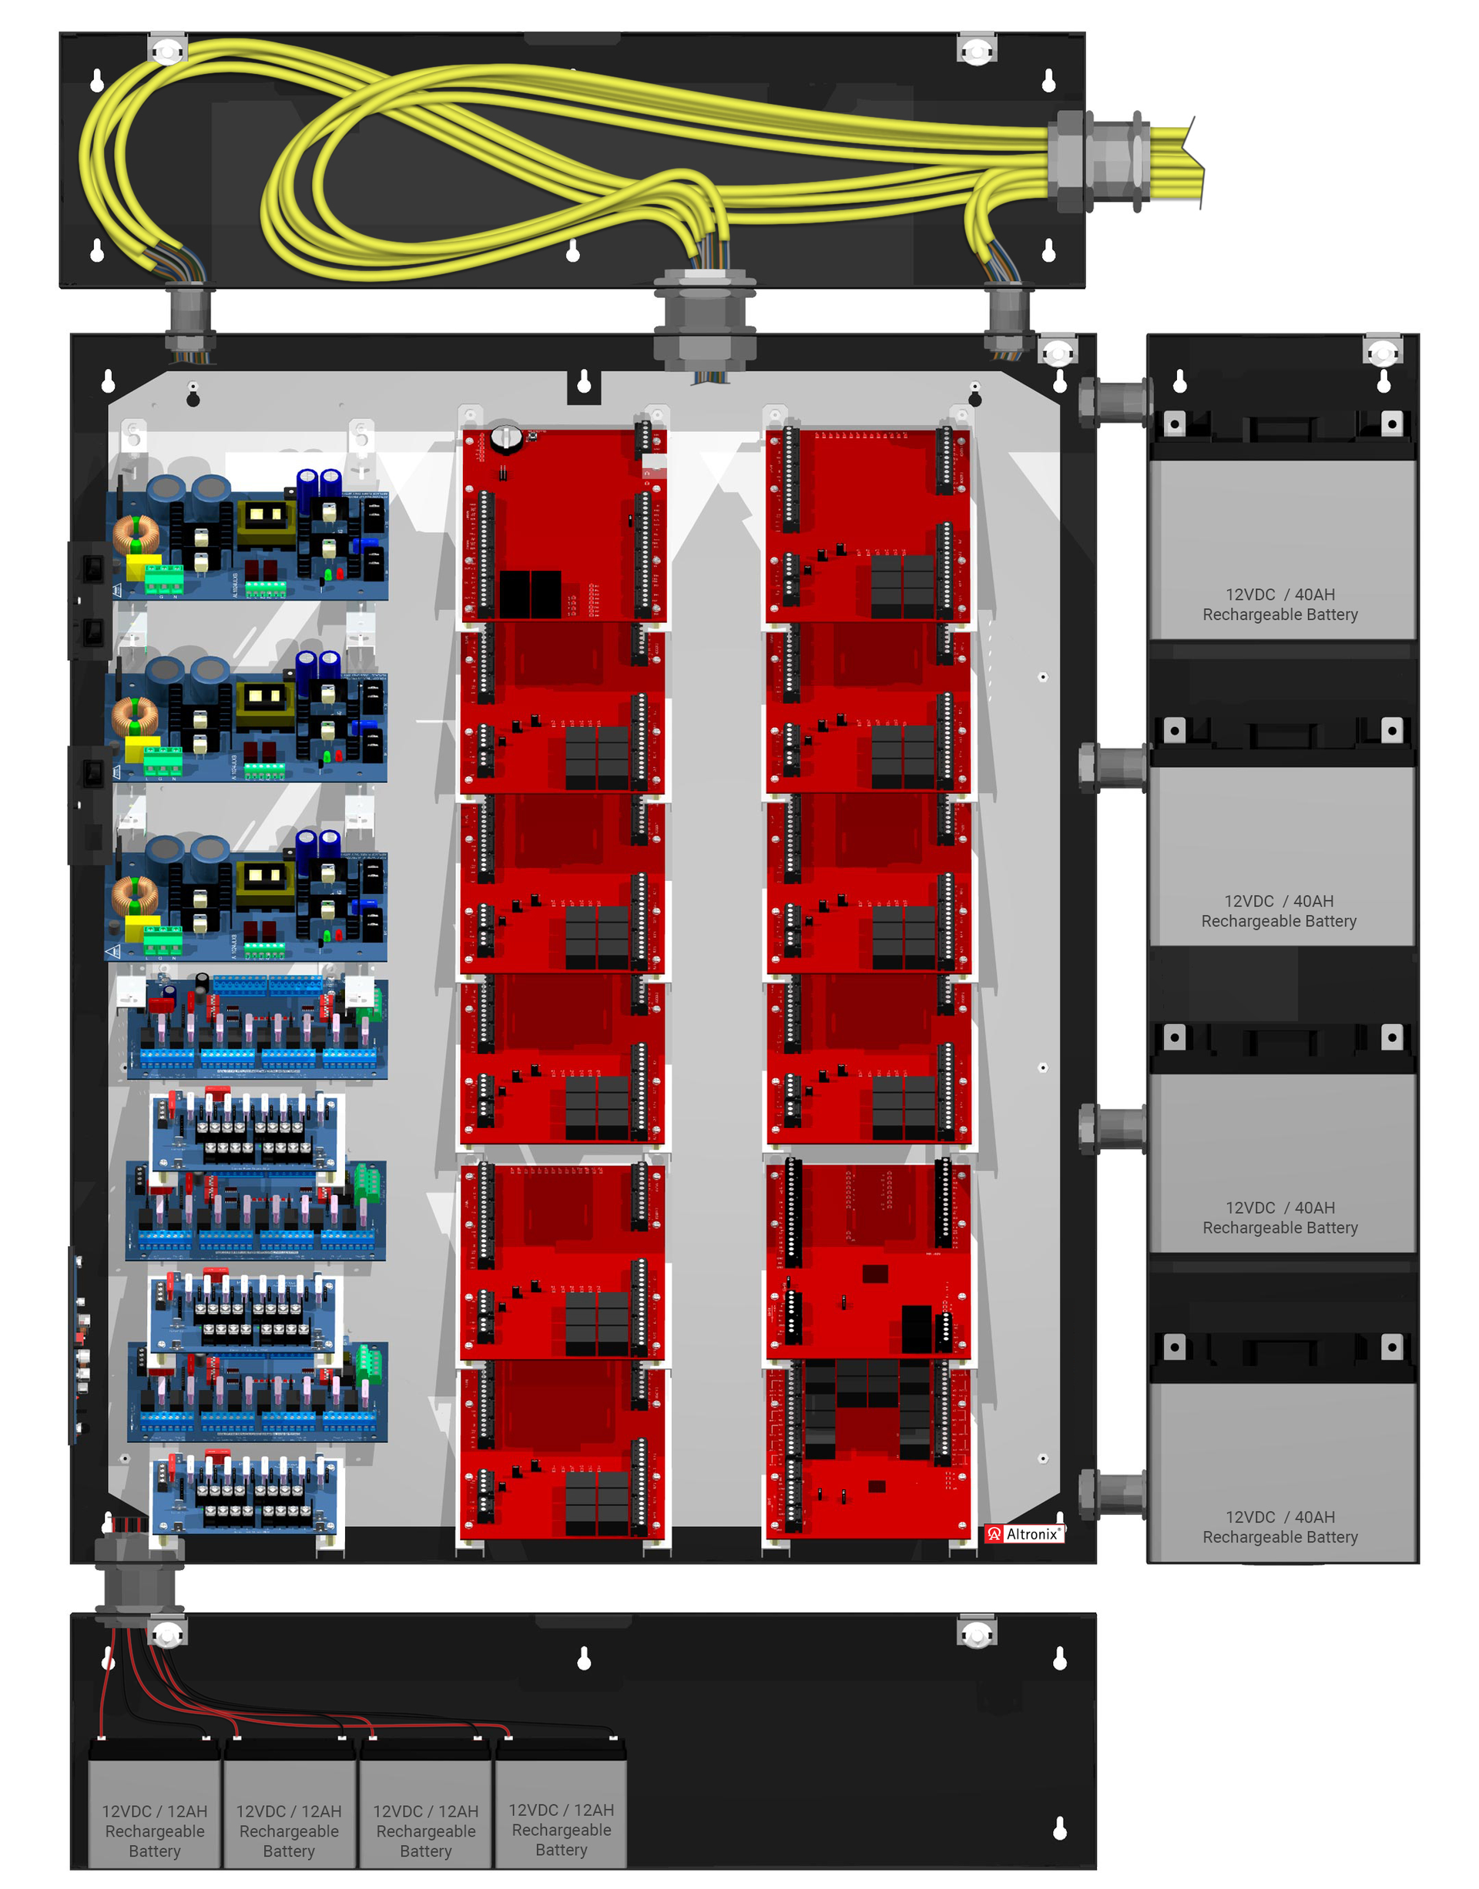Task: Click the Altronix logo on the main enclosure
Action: [x=1025, y=1534]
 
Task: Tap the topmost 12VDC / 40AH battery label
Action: [x=1279, y=605]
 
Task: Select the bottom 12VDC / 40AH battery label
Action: [x=1279, y=1527]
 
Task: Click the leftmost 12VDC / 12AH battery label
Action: [x=155, y=1830]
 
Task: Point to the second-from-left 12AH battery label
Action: [x=289, y=1830]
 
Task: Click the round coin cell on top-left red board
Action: [x=505, y=437]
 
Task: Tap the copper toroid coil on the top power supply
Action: [x=135, y=534]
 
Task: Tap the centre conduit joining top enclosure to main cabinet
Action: [x=705, y=320]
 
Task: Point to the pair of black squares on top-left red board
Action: [x=530, y=593]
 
